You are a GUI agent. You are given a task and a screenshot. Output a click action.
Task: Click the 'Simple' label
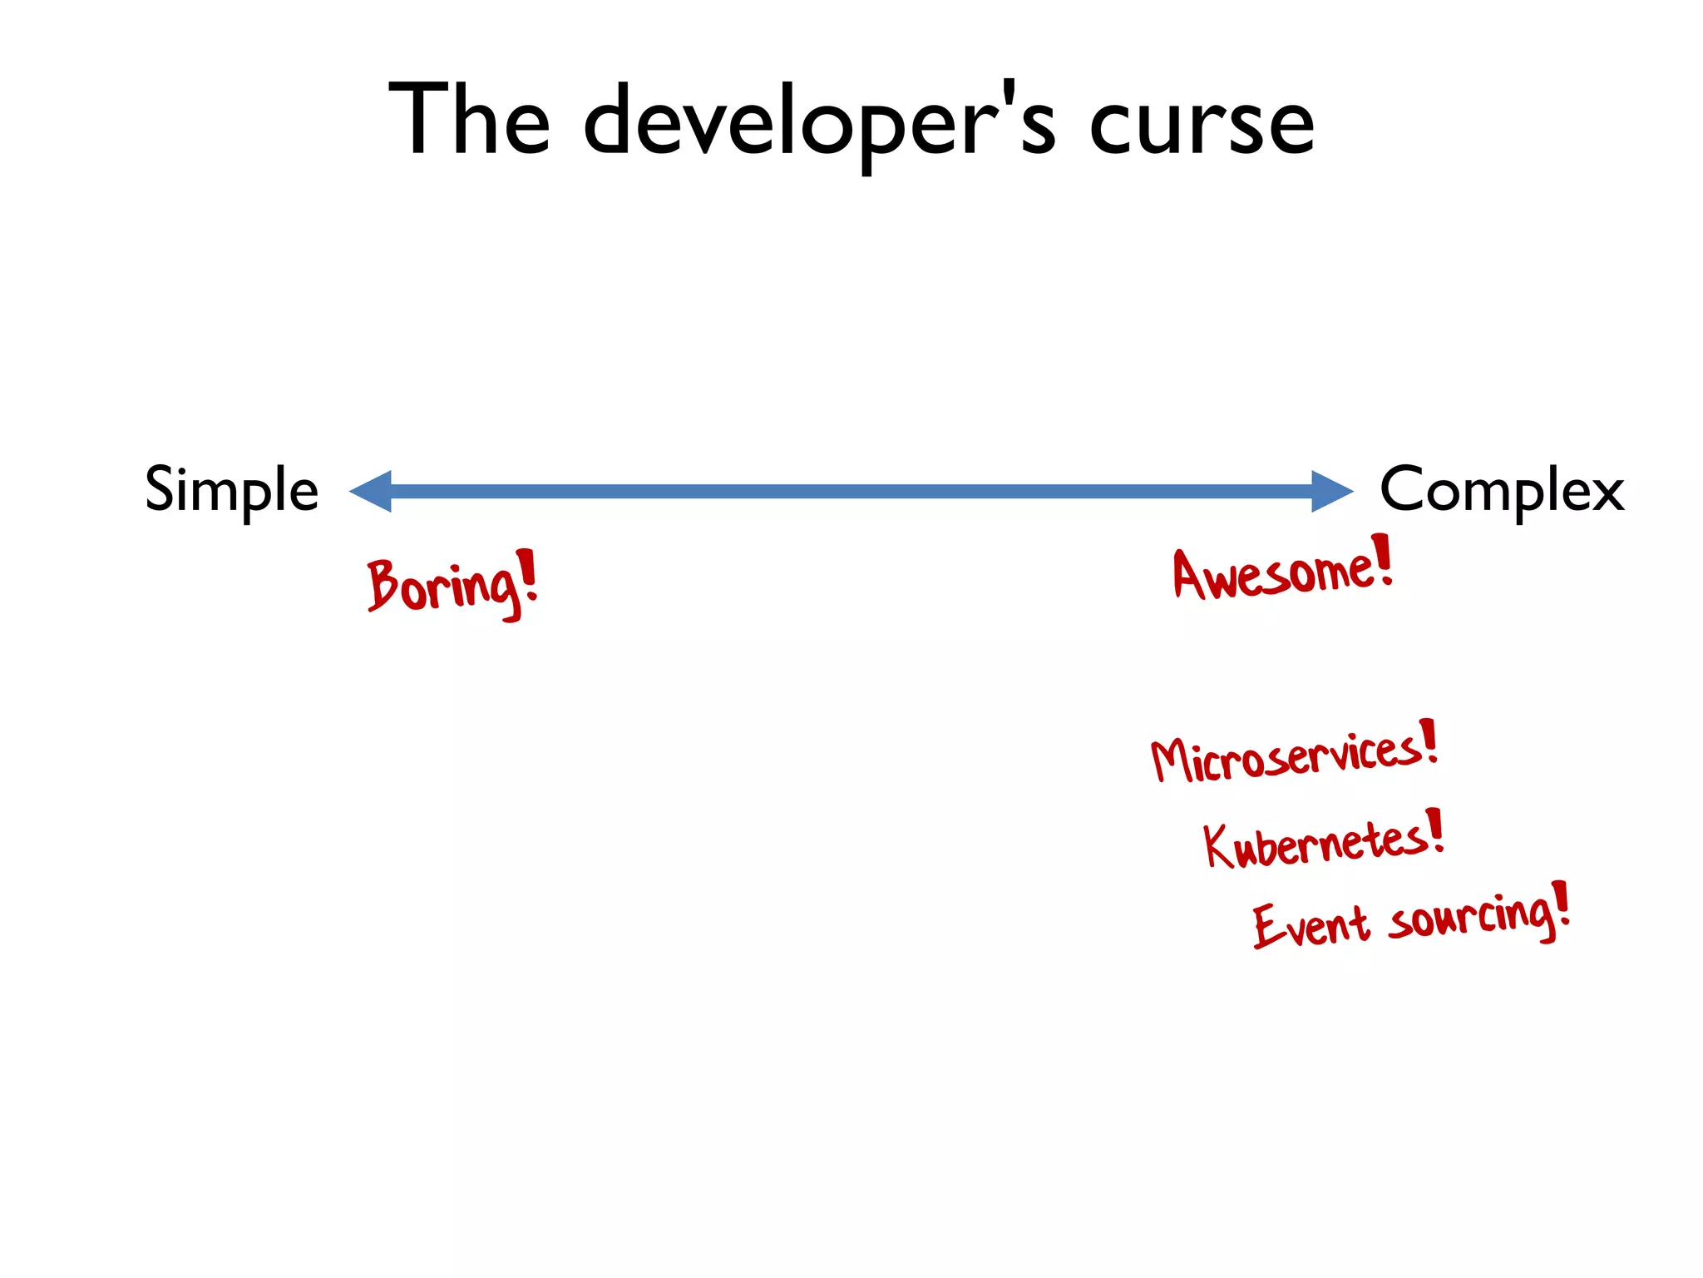[x=232, y=490]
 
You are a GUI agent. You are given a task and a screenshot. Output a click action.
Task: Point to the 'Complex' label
[x=1502, y=490]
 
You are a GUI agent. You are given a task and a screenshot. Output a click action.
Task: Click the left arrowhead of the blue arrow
[x=371, y=491]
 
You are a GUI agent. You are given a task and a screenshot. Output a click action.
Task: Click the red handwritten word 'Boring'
[x=442, y=586]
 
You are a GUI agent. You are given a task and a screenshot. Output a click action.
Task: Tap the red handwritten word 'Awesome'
[x=1271, y=573]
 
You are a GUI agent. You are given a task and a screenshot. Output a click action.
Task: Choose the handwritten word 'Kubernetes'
[x=1314, y=842]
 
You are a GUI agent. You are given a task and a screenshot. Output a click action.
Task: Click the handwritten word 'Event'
[x=1311, y=924]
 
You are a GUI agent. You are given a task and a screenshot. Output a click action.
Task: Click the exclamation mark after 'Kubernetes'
[x=1434, y=830]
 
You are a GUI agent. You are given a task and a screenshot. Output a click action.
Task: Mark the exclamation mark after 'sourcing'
[x=1562, y=904]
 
